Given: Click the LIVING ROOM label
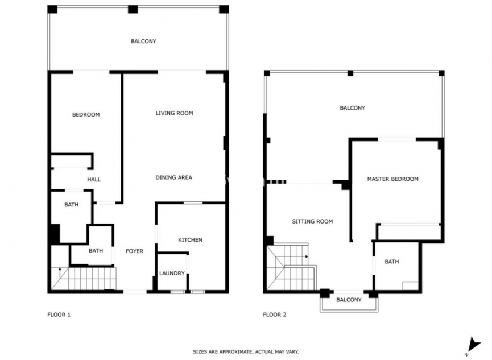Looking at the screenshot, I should [174, 113].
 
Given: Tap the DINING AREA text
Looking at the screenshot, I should [173, 177].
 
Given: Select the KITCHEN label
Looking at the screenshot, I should [190, 240].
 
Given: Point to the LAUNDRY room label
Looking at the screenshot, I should [172, 274].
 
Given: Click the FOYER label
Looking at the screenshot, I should [134, 251].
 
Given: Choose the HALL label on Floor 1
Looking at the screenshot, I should [94, 180].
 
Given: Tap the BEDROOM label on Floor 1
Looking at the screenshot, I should [86, 115].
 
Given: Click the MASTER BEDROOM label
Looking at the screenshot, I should [392, 179].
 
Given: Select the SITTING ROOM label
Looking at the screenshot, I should [312, 221].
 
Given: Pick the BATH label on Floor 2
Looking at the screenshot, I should [392, 262].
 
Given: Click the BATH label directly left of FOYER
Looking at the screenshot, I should [96, 250].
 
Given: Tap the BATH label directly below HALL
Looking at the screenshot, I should [71, 205].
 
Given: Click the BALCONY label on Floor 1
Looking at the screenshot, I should [143, 42].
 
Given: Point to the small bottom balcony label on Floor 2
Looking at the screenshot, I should [349, 300].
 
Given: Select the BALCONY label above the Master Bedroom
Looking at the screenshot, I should [352, 108].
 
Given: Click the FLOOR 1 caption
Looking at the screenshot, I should [59, 315].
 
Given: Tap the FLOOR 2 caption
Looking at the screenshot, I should [274, 315].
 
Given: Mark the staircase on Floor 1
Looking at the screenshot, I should [85, 279].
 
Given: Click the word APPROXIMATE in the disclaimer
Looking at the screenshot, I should [234, 352].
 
